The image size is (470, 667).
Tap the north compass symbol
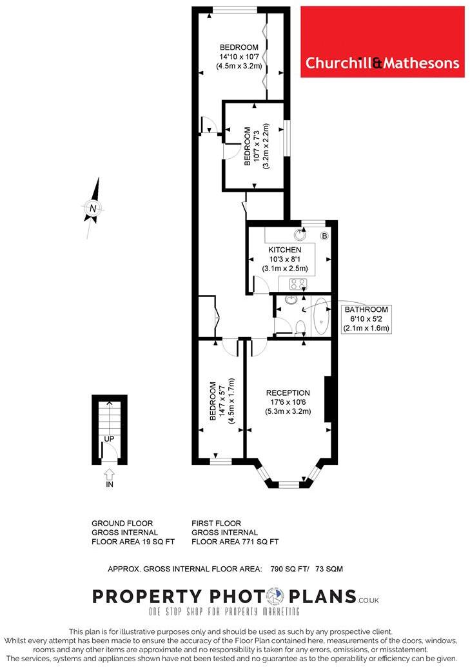pos(93,208)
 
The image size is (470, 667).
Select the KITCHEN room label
pos(285,250)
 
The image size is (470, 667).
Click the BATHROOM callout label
pos(366,309)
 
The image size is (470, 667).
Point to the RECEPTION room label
pos(288,393)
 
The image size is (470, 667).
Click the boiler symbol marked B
pos(324,236)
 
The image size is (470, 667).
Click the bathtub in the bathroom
pos(320,316)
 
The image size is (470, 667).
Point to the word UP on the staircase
pos(110,439)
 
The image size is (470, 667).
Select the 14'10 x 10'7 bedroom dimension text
pos(239,56)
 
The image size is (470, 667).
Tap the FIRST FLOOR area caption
pos(235,532)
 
